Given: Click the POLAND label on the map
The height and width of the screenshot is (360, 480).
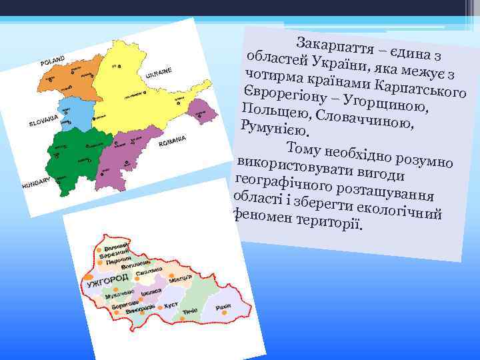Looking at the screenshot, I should coord(53,61).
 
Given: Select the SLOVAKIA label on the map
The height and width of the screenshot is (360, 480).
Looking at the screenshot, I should coord(44,122).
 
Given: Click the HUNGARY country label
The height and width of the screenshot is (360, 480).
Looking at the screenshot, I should coord(36,183).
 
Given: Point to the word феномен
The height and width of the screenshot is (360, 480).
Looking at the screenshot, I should coord(263,215).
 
